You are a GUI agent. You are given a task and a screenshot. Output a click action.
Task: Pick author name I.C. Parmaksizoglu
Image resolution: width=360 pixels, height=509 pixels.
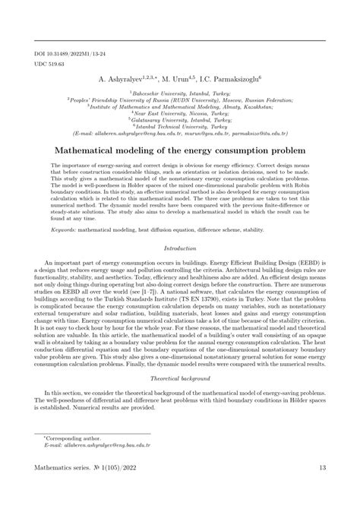click(x=231, y=78)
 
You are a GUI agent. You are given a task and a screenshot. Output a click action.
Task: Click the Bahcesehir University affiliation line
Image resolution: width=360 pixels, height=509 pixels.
click(x=179, y=91)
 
